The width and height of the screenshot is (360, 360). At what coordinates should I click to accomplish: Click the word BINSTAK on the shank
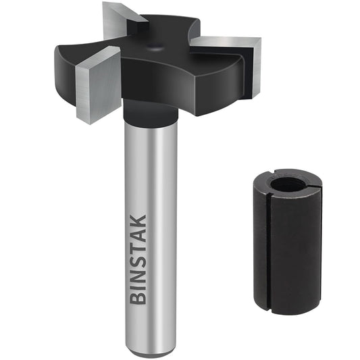pos(138,259)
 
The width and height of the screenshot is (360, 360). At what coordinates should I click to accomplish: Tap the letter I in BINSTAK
pos(138,288)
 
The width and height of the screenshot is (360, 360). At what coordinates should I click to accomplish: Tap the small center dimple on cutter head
pos(157,46)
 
